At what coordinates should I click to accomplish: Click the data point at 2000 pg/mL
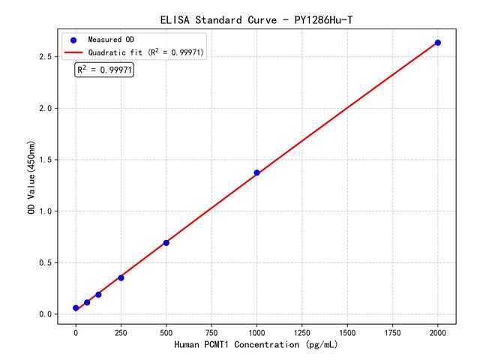click(x=438, y=43)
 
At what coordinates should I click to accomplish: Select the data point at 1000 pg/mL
click(x=256, y=172)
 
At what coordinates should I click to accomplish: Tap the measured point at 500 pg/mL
click(x=166, y=242)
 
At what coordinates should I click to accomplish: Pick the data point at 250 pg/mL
click(x=121, y=277)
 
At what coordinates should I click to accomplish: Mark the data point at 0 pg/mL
click(x=76, y=307)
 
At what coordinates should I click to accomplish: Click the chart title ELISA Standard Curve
click(x=256, y=19)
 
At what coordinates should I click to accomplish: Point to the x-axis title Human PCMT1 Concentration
click(x=256, y=345)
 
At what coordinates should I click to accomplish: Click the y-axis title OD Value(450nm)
click(x=30, y=178)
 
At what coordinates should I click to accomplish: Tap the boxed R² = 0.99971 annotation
click(x=104, y=70)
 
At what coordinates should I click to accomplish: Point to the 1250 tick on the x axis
click(x=302, y=331)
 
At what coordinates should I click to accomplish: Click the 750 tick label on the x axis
click(x=211, y=331)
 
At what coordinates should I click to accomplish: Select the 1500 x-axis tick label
click(x=347, y=331)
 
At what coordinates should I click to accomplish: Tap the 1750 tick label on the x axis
click(x=393, y=331)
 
